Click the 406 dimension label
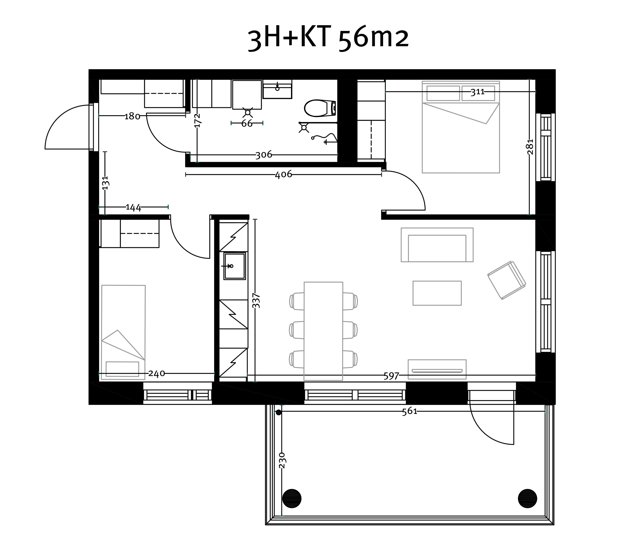tap(283, 174)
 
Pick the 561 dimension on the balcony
tap(410, 411)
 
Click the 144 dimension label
tap(133, 207)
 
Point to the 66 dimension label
tap(247, 123)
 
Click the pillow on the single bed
tap(122, 369)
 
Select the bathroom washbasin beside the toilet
tap(277, 89)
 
